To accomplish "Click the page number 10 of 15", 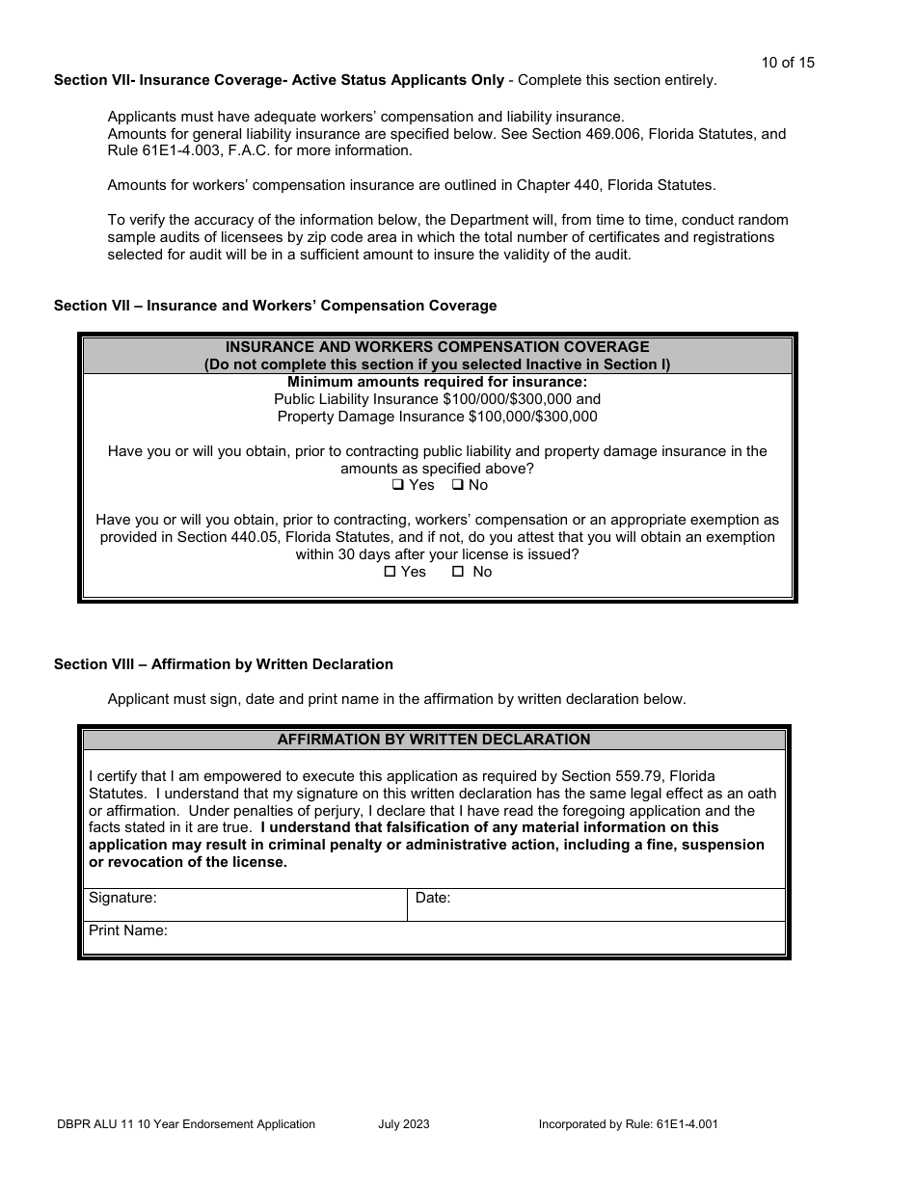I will (x=787, y=63).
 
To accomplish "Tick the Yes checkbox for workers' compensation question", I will (x=390, y=572).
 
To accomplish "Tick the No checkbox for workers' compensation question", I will (x=458, y=572).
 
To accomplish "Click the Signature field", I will (x=280, y=904).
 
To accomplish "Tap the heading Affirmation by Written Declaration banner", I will (x=434, y=740).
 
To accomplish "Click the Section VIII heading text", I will (x=223, y=664).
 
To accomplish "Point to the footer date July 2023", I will (x=404, y=1123).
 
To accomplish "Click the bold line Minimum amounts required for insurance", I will (x=437, y=382).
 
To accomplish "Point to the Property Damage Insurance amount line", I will (x=437, y=417).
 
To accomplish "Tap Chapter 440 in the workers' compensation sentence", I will (x=559, y=185).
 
